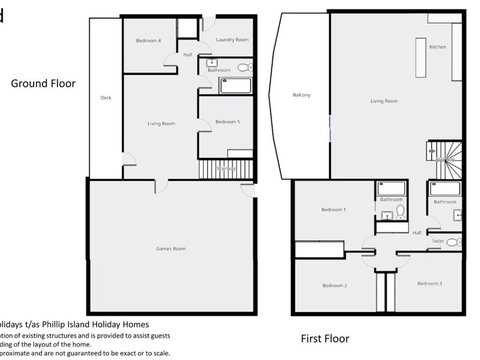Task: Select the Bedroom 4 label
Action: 148,40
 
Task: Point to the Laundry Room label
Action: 232,40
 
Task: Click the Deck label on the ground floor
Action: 106,98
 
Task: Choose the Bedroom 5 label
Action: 227,122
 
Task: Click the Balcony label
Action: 303,95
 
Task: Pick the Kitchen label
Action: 437,47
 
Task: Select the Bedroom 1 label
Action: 333,210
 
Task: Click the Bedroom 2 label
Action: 334,286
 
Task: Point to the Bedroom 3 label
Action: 431,284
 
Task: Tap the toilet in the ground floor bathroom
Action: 243,67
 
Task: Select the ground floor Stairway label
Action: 226,170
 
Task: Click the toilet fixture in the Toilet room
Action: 452,242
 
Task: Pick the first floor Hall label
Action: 417,232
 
